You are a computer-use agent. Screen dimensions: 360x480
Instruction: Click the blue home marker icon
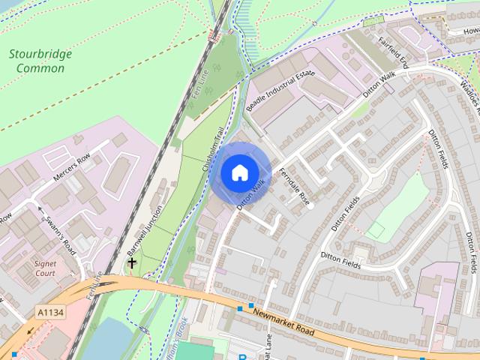239,172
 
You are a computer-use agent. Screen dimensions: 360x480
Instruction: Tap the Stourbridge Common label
37,61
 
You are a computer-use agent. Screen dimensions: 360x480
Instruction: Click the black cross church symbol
132,263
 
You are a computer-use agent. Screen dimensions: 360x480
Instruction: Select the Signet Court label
45,268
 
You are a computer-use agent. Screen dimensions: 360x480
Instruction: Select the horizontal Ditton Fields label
341,261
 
